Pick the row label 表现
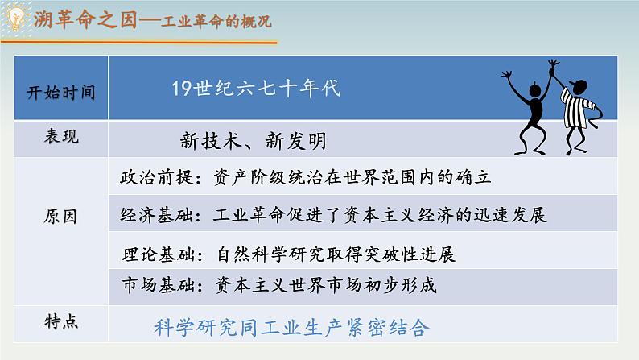pyautogui.click(x=62, y=137)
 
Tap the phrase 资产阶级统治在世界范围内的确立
pyautogui.click(x=353, y=178)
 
